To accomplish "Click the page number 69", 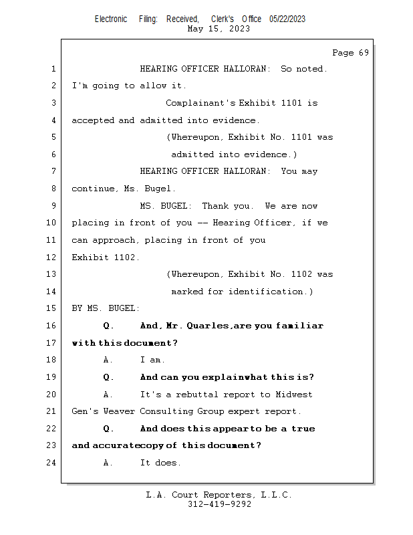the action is click(x=364, y=53).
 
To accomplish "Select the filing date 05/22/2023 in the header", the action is click(x=287, y=19).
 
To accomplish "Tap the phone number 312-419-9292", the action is click(x=219, y=504).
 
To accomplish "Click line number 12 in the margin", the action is click(x=51, y=257).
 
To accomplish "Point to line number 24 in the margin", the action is click(x=51, y=463).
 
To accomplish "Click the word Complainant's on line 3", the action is click(x=200, y=103).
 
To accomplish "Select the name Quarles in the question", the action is click(x=207, y=326).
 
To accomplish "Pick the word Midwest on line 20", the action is click(x=294, y=395).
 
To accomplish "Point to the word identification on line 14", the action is click(x=266, y=292).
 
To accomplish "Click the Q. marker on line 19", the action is click(x=108, y=377).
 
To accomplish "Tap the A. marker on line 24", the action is click(x=108, y=463).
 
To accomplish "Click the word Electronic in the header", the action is click(x=111, y=19).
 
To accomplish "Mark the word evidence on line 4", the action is click(x=235, y=120).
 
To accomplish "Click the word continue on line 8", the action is click(x=93, y=189).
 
